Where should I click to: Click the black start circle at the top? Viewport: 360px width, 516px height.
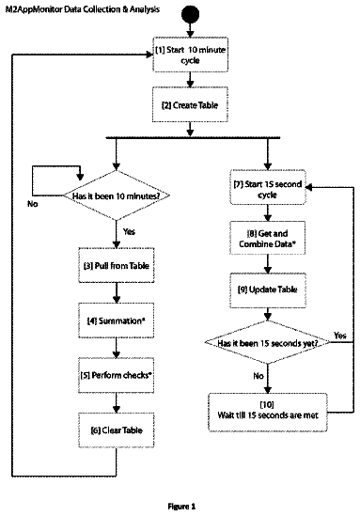pyautogui.click(x=190, y=14)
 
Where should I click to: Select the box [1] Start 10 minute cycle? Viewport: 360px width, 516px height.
pyautogui.click(x=190, y=55)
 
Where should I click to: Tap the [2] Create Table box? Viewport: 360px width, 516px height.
pyautogui.click(x=190, y=104)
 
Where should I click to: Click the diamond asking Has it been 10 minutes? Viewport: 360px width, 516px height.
pyautogui.click(x=117, y=195)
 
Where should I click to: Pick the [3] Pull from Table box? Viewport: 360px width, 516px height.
pyautogui.click(x=117, y=265)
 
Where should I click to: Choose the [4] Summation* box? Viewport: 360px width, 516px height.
pyautogui.click(x=117, y=321)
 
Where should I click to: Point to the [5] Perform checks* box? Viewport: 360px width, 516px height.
pyautogui.click(x=117, y=375)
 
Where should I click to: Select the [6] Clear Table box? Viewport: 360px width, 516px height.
pyautogui.click(x=117, y=430)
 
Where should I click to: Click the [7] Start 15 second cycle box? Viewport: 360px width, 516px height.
pyautogui.click(x=268, y=188)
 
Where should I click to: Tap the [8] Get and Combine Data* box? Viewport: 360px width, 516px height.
pyautogui.click(x=268, y=238)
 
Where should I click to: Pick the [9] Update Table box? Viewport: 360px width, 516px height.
pyautogui.click(x=268, y=289)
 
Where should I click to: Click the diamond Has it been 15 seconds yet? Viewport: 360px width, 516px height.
pyautogui.click(x=268, y=342)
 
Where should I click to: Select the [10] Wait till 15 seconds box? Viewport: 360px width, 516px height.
pyautogui.click(x=268, y=412)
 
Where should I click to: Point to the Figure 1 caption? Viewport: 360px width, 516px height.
pyautogui.click(x=181, y=507)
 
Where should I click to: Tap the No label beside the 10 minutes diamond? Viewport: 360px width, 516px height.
pyautogui.click(x=33, y=204)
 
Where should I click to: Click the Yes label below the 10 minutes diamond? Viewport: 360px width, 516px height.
pyautogui.click(x=129, y=231)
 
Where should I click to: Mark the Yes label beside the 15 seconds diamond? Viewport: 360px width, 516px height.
pyautogui.click(x=340, y=336)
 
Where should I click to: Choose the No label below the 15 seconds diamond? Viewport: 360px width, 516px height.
pyautogui.click(x=258, y=376)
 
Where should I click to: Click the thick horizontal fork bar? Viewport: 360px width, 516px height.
pyautogui.click(x=193, y=138)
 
